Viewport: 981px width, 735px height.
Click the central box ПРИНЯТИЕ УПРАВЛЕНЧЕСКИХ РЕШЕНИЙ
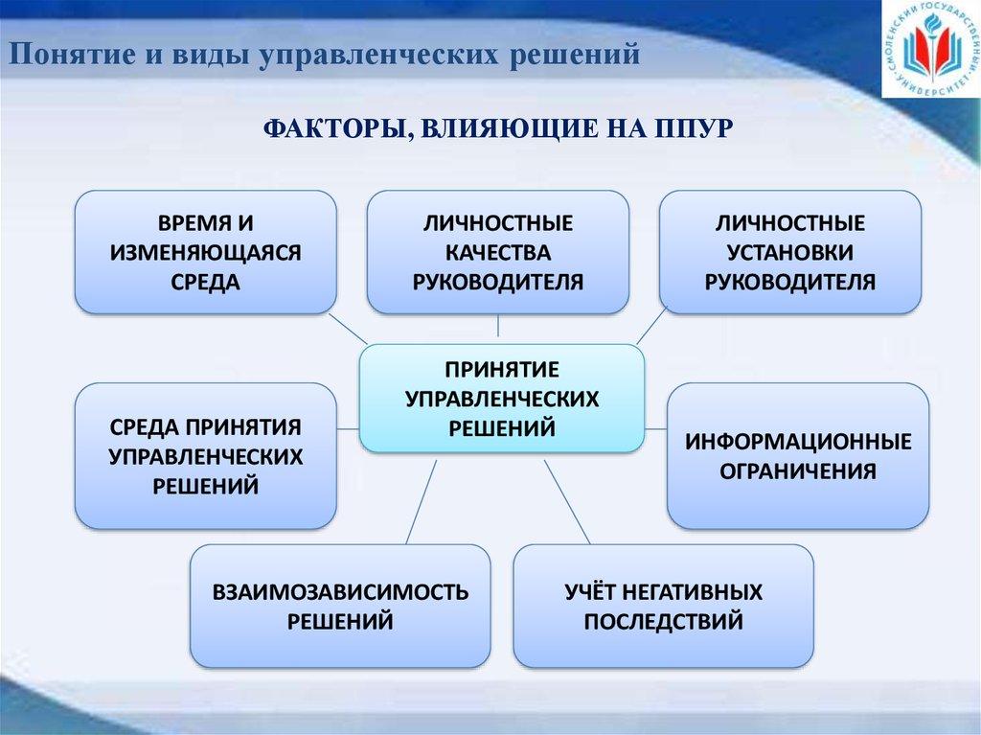coord(501,399)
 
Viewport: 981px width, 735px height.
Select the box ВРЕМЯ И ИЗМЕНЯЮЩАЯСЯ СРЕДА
coord(206,252)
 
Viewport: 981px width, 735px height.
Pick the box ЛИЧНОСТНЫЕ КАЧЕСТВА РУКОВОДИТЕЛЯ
coord(498,252)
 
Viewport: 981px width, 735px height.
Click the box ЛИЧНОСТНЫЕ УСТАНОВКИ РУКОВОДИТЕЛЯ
coord(790,252)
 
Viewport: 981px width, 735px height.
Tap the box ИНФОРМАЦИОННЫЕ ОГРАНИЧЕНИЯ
coord(798,456)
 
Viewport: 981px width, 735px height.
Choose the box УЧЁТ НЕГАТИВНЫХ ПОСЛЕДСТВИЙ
coord(664,606)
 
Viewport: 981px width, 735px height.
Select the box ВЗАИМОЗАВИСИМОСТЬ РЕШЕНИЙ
coord(340,606)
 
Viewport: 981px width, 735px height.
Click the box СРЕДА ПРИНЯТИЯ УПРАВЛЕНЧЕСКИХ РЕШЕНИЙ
coord(206,456)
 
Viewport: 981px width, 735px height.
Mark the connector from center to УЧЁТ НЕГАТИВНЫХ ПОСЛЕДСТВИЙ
coord(567,501)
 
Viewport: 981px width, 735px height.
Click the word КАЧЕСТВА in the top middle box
coord(498,252)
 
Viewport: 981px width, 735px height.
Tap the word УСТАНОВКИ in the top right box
coord(790,252)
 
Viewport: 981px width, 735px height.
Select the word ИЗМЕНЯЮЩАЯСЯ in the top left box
coord(206,252)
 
